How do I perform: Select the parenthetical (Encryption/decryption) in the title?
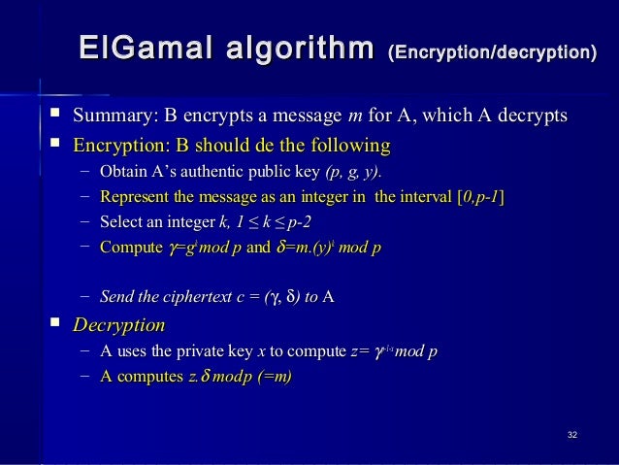[492, 50]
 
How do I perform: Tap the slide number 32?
[572, 432]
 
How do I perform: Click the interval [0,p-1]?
[479, 198]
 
